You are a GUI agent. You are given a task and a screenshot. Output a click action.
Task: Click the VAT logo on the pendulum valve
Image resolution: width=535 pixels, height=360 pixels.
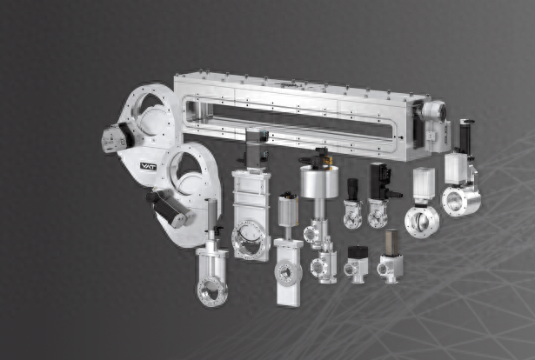(x=148, y=166)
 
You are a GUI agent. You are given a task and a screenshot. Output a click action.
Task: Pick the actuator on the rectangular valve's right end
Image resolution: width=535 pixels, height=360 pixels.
(x=434, y=126)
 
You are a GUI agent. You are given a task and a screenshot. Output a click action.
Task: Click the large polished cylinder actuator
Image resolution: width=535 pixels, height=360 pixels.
(x=319, y=182)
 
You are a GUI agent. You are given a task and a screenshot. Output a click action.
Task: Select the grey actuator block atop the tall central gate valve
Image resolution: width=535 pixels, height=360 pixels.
(x=257, y=149)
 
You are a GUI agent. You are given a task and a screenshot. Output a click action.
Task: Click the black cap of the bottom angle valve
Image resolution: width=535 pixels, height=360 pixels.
(x=358, y=251)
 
